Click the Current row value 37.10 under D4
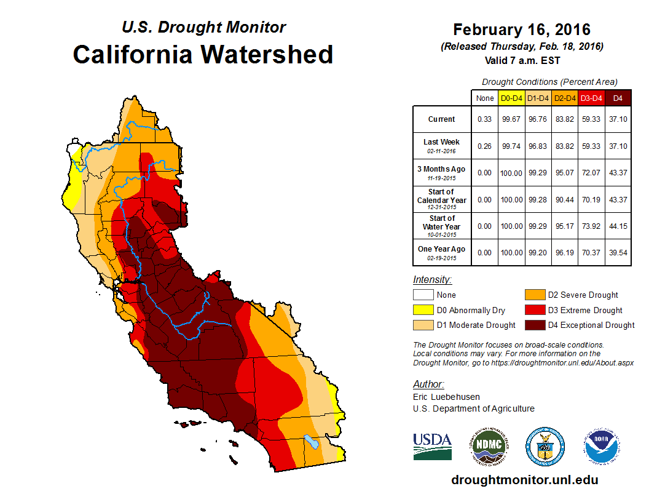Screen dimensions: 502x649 pyautogui.click(x=618, y=119)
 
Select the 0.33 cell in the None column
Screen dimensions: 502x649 pyautogui.click(x=484, y=119)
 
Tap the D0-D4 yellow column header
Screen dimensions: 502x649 pyautogui.click(x=511, y=98)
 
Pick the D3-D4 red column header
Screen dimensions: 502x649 pyautogui.click(x=591, y=98)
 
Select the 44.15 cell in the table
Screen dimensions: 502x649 pyautogui.click(x=618, y=226)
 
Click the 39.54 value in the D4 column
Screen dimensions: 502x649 pyautogui.click(x=618, y=252)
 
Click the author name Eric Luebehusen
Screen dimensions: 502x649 pyautogui.click(x=446, y=397)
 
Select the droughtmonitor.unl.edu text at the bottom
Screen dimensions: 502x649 pyautogui.click(x=524, y=480)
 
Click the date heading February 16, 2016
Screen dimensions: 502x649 pyautogui.click(x=522, y=30)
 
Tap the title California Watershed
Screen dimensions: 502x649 pyautogui.click(x=203, y=54)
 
